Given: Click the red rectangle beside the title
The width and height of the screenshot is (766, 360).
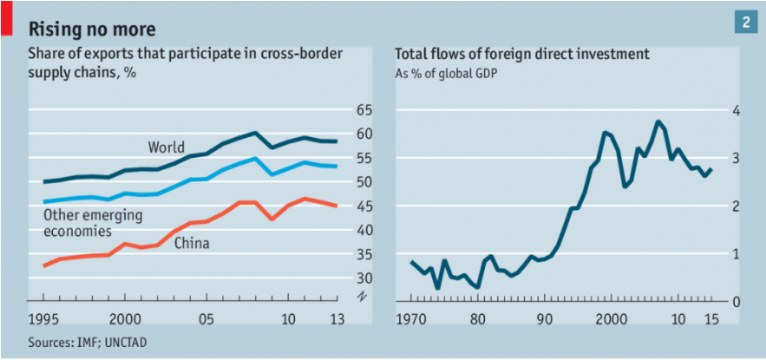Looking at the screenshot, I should click(x=6, y=18).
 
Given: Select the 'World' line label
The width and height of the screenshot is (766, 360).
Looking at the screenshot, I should click(x=166, y=147).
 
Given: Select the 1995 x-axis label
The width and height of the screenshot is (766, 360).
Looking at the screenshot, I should click(x=43, y=317).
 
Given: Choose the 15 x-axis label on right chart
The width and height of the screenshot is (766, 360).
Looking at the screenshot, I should click(x=709, y=317).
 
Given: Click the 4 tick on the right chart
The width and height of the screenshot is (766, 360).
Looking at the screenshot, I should click(x=737, y=110).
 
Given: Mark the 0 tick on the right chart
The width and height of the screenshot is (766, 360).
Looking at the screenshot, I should click(x=737, y=301).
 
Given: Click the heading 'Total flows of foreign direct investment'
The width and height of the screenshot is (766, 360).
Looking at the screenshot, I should click(x=522, y=54).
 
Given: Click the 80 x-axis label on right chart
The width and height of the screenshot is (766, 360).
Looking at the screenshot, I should click(x=477, y=317).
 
